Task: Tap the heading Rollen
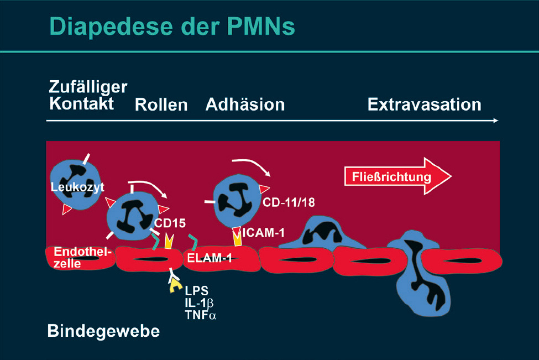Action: [161, 105]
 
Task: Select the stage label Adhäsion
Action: [245, 104]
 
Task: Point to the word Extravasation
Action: [424, 104]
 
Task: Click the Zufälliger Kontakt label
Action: [87, 95]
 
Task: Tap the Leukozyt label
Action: [77, 186]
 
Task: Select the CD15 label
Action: [170, 224]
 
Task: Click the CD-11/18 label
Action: [289, 202]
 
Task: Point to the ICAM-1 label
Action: [264, 233]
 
